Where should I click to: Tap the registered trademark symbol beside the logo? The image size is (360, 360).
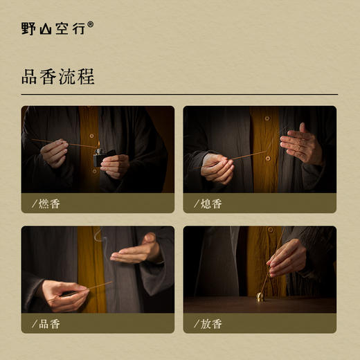pyautogui.click(x=91, y=24)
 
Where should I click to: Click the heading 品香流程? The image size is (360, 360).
pyautogui.click(x=57, y=76)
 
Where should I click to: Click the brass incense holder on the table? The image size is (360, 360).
pyautogui.click(x=261, y=297)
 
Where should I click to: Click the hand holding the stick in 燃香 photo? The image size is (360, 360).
pyautogui.click(x=55, y=153)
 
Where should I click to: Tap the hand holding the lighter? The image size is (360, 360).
pyautogui.click(x=116, y=165)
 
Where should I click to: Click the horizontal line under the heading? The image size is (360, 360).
pyautogui.click(x=180, y=94)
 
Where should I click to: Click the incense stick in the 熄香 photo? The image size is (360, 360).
pyautogui.click(x=249, y=156)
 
